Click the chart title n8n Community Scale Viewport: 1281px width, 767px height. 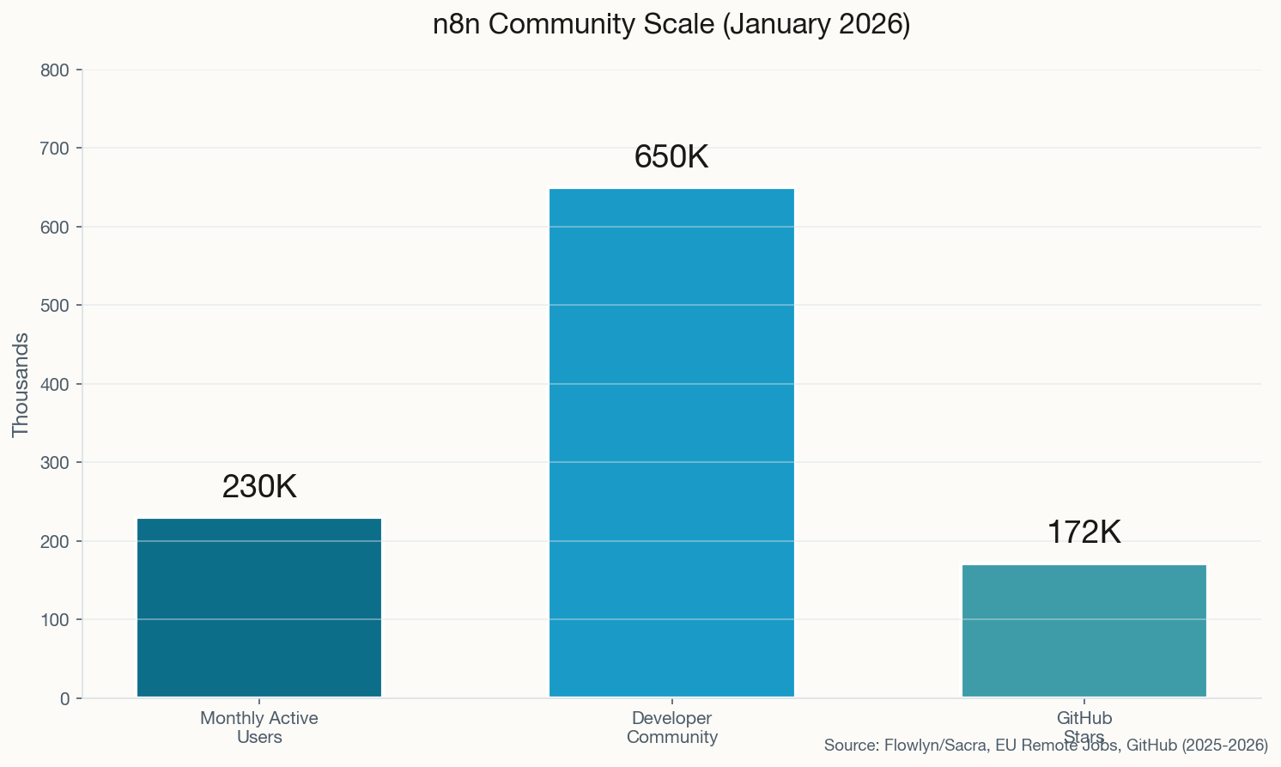coord(671,24)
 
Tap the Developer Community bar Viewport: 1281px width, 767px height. coord(671,443)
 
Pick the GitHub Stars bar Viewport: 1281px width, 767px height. coord(1084,631)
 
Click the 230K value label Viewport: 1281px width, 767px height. coord(259,487)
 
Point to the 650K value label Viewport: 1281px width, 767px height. coord(671,157)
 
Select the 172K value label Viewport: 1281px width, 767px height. coord(1084,533)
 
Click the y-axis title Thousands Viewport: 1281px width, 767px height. coord(21,384)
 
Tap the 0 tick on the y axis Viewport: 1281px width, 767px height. coord(65,699)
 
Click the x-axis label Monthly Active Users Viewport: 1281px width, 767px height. coord(259,727)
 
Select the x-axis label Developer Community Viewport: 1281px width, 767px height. coord(671,727)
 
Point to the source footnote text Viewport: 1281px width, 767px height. coord(1046,746)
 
